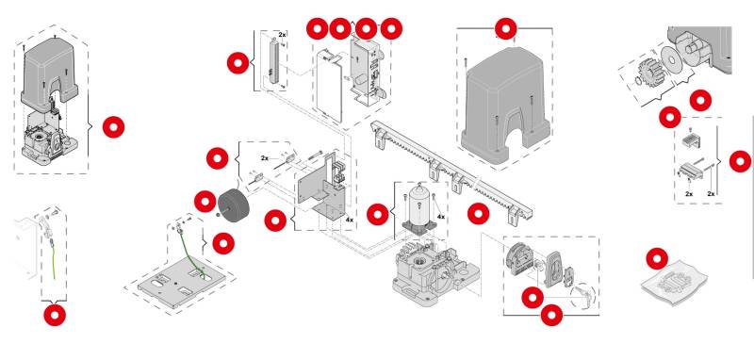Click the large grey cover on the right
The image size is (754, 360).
pyautogui.click(x=505, y=106)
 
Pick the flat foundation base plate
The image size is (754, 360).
pyautogui.click(x=181, y=285)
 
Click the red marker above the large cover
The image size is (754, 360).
pyautogui.click(x=505, y=29)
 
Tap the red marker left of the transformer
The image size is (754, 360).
pyautogui.click(x=205, y=202)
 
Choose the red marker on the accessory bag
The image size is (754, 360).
pyautogui.click(x=657, y=258)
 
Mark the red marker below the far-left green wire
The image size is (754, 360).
pyautogui.click(x=55, y=315)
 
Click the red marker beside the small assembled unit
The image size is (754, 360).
pyautogui.click(x=113, y=127)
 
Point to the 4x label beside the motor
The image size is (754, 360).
pyautogui.click(x=440, y=217)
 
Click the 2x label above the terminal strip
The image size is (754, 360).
pyautogui.click(x=282, y=35)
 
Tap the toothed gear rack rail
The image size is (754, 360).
pyautogui.click(x=452, y=172)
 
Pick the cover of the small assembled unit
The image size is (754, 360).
pyautogui.click(x=49, y=77)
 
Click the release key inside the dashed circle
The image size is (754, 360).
pyautogui.click(x=582, y=294)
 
